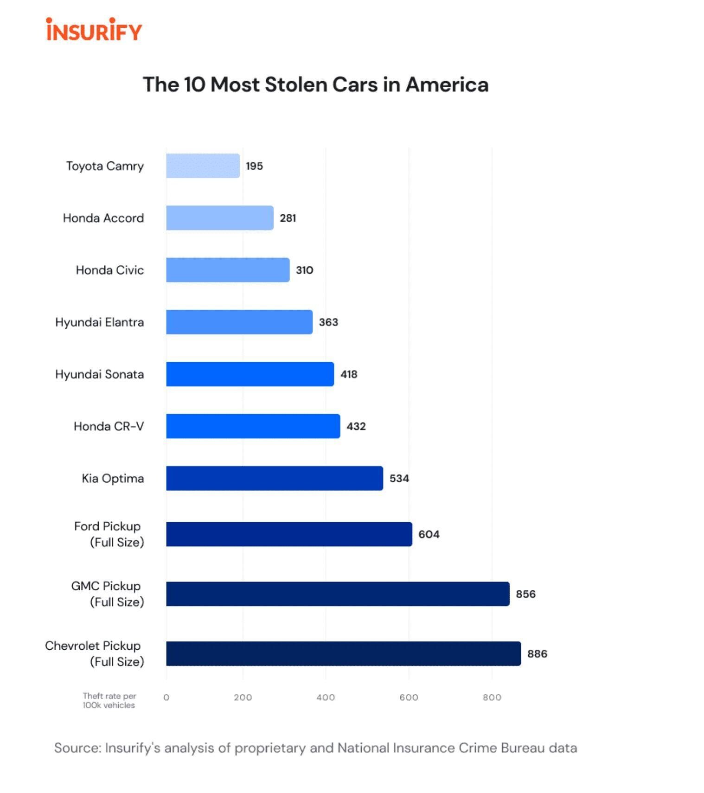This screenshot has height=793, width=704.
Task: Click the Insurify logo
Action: click(94, 30)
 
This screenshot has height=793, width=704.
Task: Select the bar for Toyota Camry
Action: click(203, 166)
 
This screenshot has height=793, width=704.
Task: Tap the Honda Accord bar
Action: click(219, 218)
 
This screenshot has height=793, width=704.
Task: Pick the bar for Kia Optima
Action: click(275, 478)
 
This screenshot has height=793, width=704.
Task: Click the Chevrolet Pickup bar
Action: click(343, 653)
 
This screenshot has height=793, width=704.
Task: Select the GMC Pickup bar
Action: click(338, 594)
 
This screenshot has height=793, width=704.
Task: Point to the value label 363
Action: click(328, 322)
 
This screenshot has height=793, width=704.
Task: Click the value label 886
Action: click(537, 654)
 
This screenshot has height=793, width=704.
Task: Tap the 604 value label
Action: click(429, 534)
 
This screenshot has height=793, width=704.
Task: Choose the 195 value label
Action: click(254, 166)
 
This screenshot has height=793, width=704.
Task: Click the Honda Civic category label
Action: click(110, 270)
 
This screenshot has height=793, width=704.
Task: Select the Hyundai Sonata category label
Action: click(100, 374)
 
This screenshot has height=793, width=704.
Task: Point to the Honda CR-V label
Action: click(109, 426)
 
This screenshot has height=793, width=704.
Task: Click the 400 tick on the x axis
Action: click(326, 697)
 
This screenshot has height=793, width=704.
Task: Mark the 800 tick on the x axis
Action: click(492, 697)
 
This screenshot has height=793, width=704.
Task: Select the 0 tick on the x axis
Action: click(166, 697)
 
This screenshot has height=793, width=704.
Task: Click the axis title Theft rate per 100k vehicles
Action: click(109, 700)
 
